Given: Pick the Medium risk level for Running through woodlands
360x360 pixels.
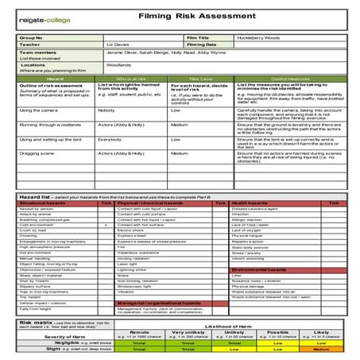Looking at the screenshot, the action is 180,124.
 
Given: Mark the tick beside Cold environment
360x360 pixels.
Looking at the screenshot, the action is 106,225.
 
